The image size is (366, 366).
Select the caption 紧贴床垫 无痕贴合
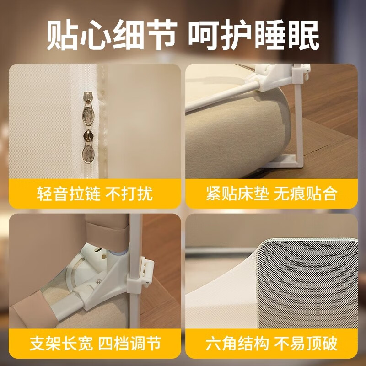271,194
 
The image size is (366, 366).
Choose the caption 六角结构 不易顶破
271,344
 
